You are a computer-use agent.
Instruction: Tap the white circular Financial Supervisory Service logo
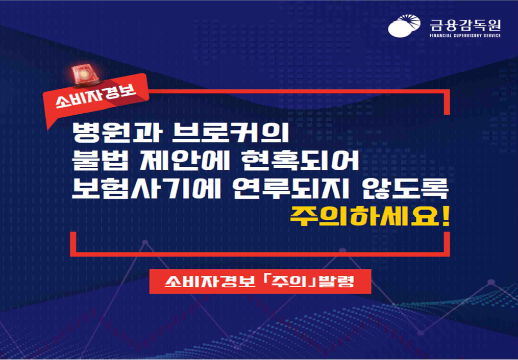click(404, 25)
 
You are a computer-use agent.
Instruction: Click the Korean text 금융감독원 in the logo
click(465, 24)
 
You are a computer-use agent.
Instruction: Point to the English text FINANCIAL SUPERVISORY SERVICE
click(465, 35)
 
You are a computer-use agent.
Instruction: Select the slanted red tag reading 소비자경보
click(96, 97)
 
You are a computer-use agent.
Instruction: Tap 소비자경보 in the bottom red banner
click(210, 281)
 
